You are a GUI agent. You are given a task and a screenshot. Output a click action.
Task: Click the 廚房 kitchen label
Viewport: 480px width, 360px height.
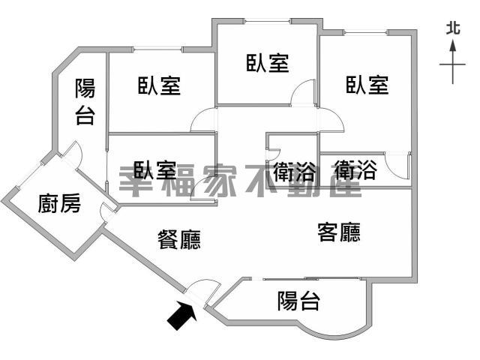coord(59,203)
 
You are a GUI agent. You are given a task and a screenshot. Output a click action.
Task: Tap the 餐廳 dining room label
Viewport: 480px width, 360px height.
coord(179,239)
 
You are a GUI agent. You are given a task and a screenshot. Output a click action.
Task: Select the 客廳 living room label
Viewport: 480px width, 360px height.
coord(339,232)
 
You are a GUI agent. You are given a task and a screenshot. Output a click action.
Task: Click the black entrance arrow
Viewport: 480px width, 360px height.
coord(181,315)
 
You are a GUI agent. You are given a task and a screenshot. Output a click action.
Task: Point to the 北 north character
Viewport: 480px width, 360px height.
coord(453,28)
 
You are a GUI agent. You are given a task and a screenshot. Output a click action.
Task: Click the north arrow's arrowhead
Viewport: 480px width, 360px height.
coord(453,46)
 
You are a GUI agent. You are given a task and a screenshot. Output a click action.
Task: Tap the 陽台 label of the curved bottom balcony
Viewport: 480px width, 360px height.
coord(298,301)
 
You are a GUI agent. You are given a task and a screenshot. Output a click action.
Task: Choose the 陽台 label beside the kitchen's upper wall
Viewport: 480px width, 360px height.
coord(85,102)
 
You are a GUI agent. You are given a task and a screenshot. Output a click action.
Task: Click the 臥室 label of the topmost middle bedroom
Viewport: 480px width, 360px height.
coord(268,63)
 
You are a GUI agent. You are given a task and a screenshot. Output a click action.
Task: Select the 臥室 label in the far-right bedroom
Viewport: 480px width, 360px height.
coord(367,85)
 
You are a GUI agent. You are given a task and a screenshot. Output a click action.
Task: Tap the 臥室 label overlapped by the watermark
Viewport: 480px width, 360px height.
coord(155,170)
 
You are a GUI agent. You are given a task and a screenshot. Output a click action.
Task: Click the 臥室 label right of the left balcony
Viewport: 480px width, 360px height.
coord(159,85)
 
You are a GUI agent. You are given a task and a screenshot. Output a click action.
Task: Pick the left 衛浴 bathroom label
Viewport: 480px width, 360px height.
coord(294,172)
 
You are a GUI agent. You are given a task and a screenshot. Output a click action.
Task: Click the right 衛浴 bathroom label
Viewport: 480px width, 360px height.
coord(355,170)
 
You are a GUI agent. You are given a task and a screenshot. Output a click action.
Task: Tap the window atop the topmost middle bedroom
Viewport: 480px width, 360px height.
coord(268,21)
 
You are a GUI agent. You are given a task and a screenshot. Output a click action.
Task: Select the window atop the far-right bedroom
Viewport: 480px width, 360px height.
coord(366,32)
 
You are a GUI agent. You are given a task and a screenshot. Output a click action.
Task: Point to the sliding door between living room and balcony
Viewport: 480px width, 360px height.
coord(311,279)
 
